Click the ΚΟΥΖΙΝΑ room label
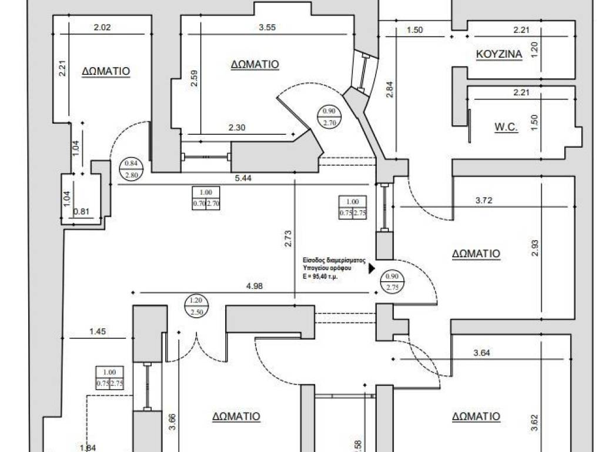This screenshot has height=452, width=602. coord(499,55)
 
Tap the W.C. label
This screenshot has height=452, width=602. coord(506,127)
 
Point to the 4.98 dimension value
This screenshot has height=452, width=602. coord(254,287)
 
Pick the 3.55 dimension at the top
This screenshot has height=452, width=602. coord(267,26)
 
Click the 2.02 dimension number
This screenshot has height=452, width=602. coord(102,26)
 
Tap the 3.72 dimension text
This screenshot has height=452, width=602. coord(483,201)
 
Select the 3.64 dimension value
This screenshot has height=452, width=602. coord(482,353)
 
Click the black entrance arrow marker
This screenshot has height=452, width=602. coord(372,268)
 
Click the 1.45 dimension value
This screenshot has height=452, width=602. coord(98,332)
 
